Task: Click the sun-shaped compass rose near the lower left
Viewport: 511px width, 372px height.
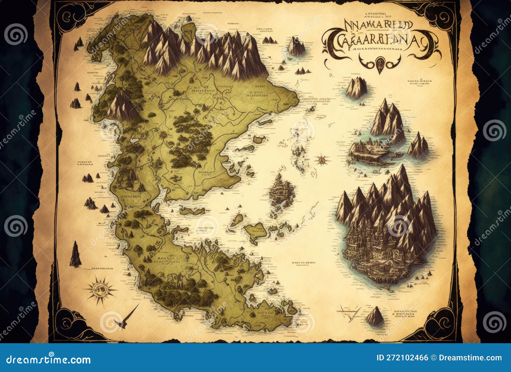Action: pyautogui.click(x=100, y=290)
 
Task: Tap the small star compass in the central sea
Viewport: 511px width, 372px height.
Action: pyautogui.click(x=322, y=159)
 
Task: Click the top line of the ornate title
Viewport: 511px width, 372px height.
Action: pyautogui.click(x=378, y=25)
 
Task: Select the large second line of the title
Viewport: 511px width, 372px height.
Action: pyautogui.click(x=380, y=40)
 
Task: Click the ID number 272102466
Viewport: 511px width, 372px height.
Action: pyautogui.click(x=402, y=358)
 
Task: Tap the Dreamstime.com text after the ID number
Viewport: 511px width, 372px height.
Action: pyautogui.click(x=470, y=358)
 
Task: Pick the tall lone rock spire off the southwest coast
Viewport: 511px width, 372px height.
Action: pyautogui.click(x=75, y=255)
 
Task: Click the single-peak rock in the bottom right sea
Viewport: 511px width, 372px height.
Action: pyautogui.click(x=375, y=316)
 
